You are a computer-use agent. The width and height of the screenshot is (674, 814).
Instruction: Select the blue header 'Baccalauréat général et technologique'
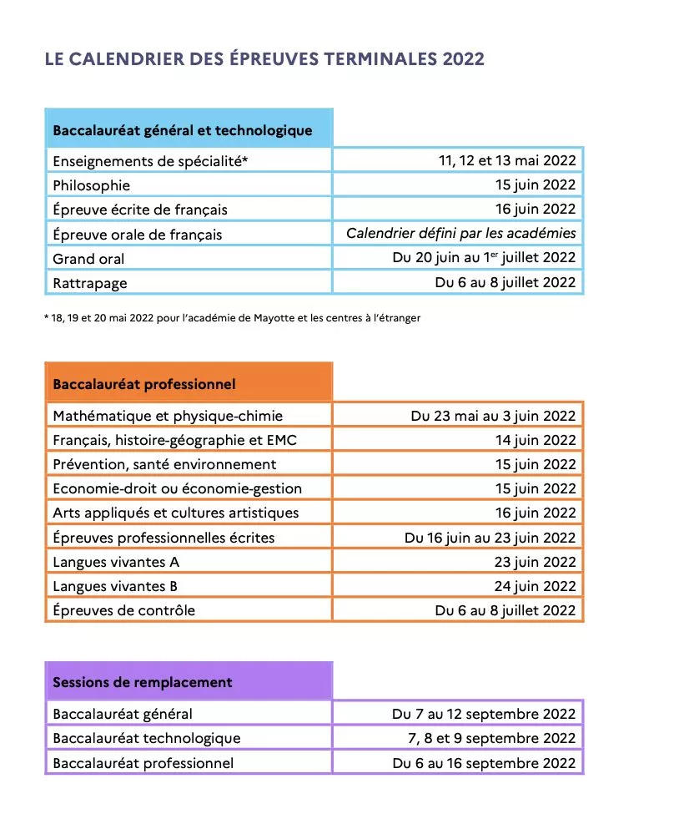183,130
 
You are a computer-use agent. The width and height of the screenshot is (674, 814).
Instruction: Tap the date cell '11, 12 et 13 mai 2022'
507,160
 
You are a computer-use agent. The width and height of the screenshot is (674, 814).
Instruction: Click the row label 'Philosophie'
92,185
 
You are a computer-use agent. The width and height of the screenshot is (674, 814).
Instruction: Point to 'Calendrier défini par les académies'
460,234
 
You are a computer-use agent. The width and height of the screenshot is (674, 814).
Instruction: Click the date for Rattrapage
505,282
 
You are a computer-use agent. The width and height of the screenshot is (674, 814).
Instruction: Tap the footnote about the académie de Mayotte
233,318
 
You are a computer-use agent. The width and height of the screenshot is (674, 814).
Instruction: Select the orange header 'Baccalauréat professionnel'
144,384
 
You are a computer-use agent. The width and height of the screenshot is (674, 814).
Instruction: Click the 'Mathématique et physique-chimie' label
168,416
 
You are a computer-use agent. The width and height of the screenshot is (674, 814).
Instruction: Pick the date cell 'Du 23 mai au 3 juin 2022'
493,416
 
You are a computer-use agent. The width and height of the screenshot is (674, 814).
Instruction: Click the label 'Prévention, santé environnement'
164,464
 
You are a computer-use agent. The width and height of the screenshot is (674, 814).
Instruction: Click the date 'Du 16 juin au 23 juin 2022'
490,538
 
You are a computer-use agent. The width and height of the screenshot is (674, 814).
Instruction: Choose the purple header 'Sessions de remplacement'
143,682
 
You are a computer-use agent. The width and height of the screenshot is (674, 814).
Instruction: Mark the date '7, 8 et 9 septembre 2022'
491,738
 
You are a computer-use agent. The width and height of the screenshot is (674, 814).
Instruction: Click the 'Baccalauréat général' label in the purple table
123,714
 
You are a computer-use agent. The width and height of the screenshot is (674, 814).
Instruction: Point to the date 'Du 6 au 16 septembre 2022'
484,763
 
